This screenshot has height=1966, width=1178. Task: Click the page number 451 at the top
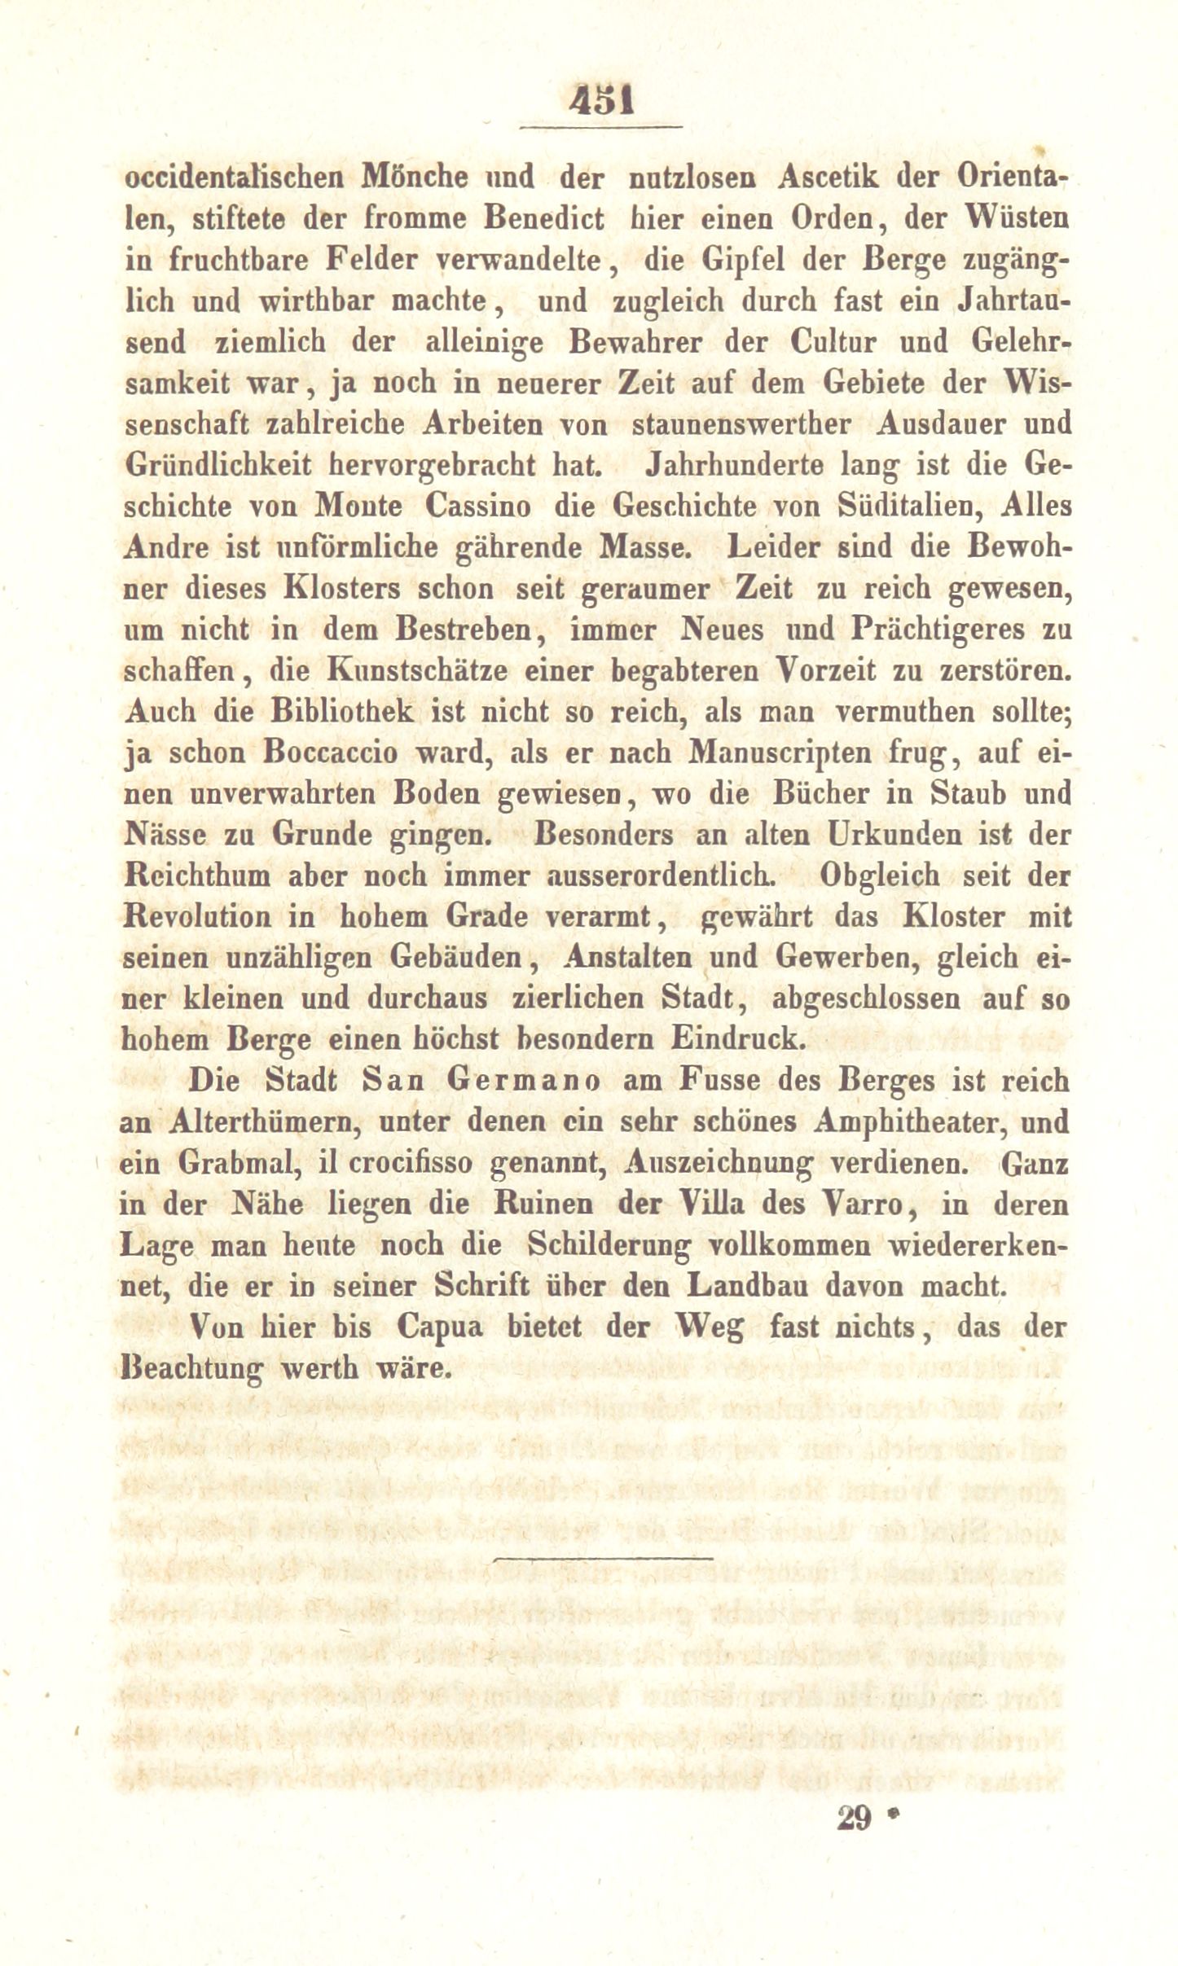[601, 103]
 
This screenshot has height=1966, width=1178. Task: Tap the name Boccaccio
[330, 752]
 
